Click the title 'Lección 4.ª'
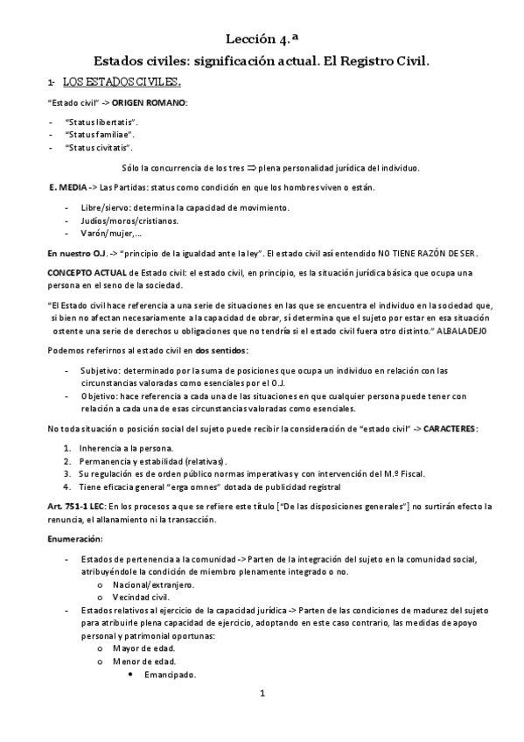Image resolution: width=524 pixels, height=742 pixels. coord(262,38)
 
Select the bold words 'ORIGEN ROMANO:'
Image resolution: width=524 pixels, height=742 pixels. coord(150,103)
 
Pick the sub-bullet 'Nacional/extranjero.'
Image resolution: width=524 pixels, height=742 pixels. coord(155,584)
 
